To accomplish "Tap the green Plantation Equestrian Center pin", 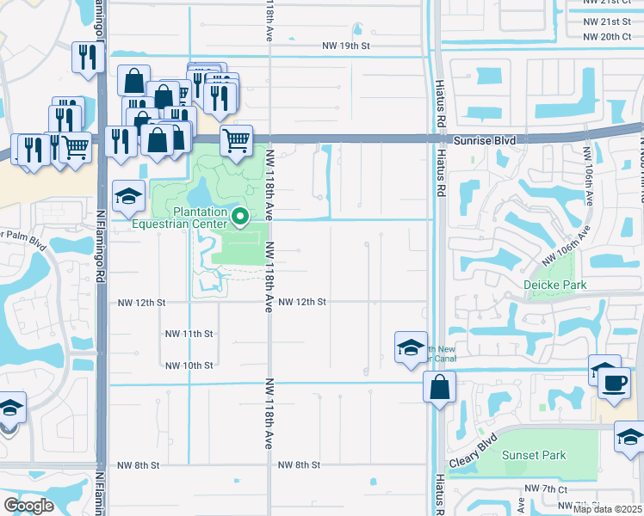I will tap(241, 218).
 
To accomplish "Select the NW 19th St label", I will tap(345, 45).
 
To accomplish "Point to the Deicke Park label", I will tap(555, 285).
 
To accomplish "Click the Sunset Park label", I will tap(533, 455).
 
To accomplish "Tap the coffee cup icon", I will tap(614, 381).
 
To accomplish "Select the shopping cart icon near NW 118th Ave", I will tap(236, 139).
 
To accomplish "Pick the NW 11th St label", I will tap(189, 334).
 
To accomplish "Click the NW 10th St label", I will tap(189, 365).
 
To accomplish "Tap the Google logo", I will tap(28, 505).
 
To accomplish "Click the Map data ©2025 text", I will tap(607, 509).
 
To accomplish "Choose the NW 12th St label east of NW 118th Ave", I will tap(302, 302).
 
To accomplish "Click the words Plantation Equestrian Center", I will tap(185, 219).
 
